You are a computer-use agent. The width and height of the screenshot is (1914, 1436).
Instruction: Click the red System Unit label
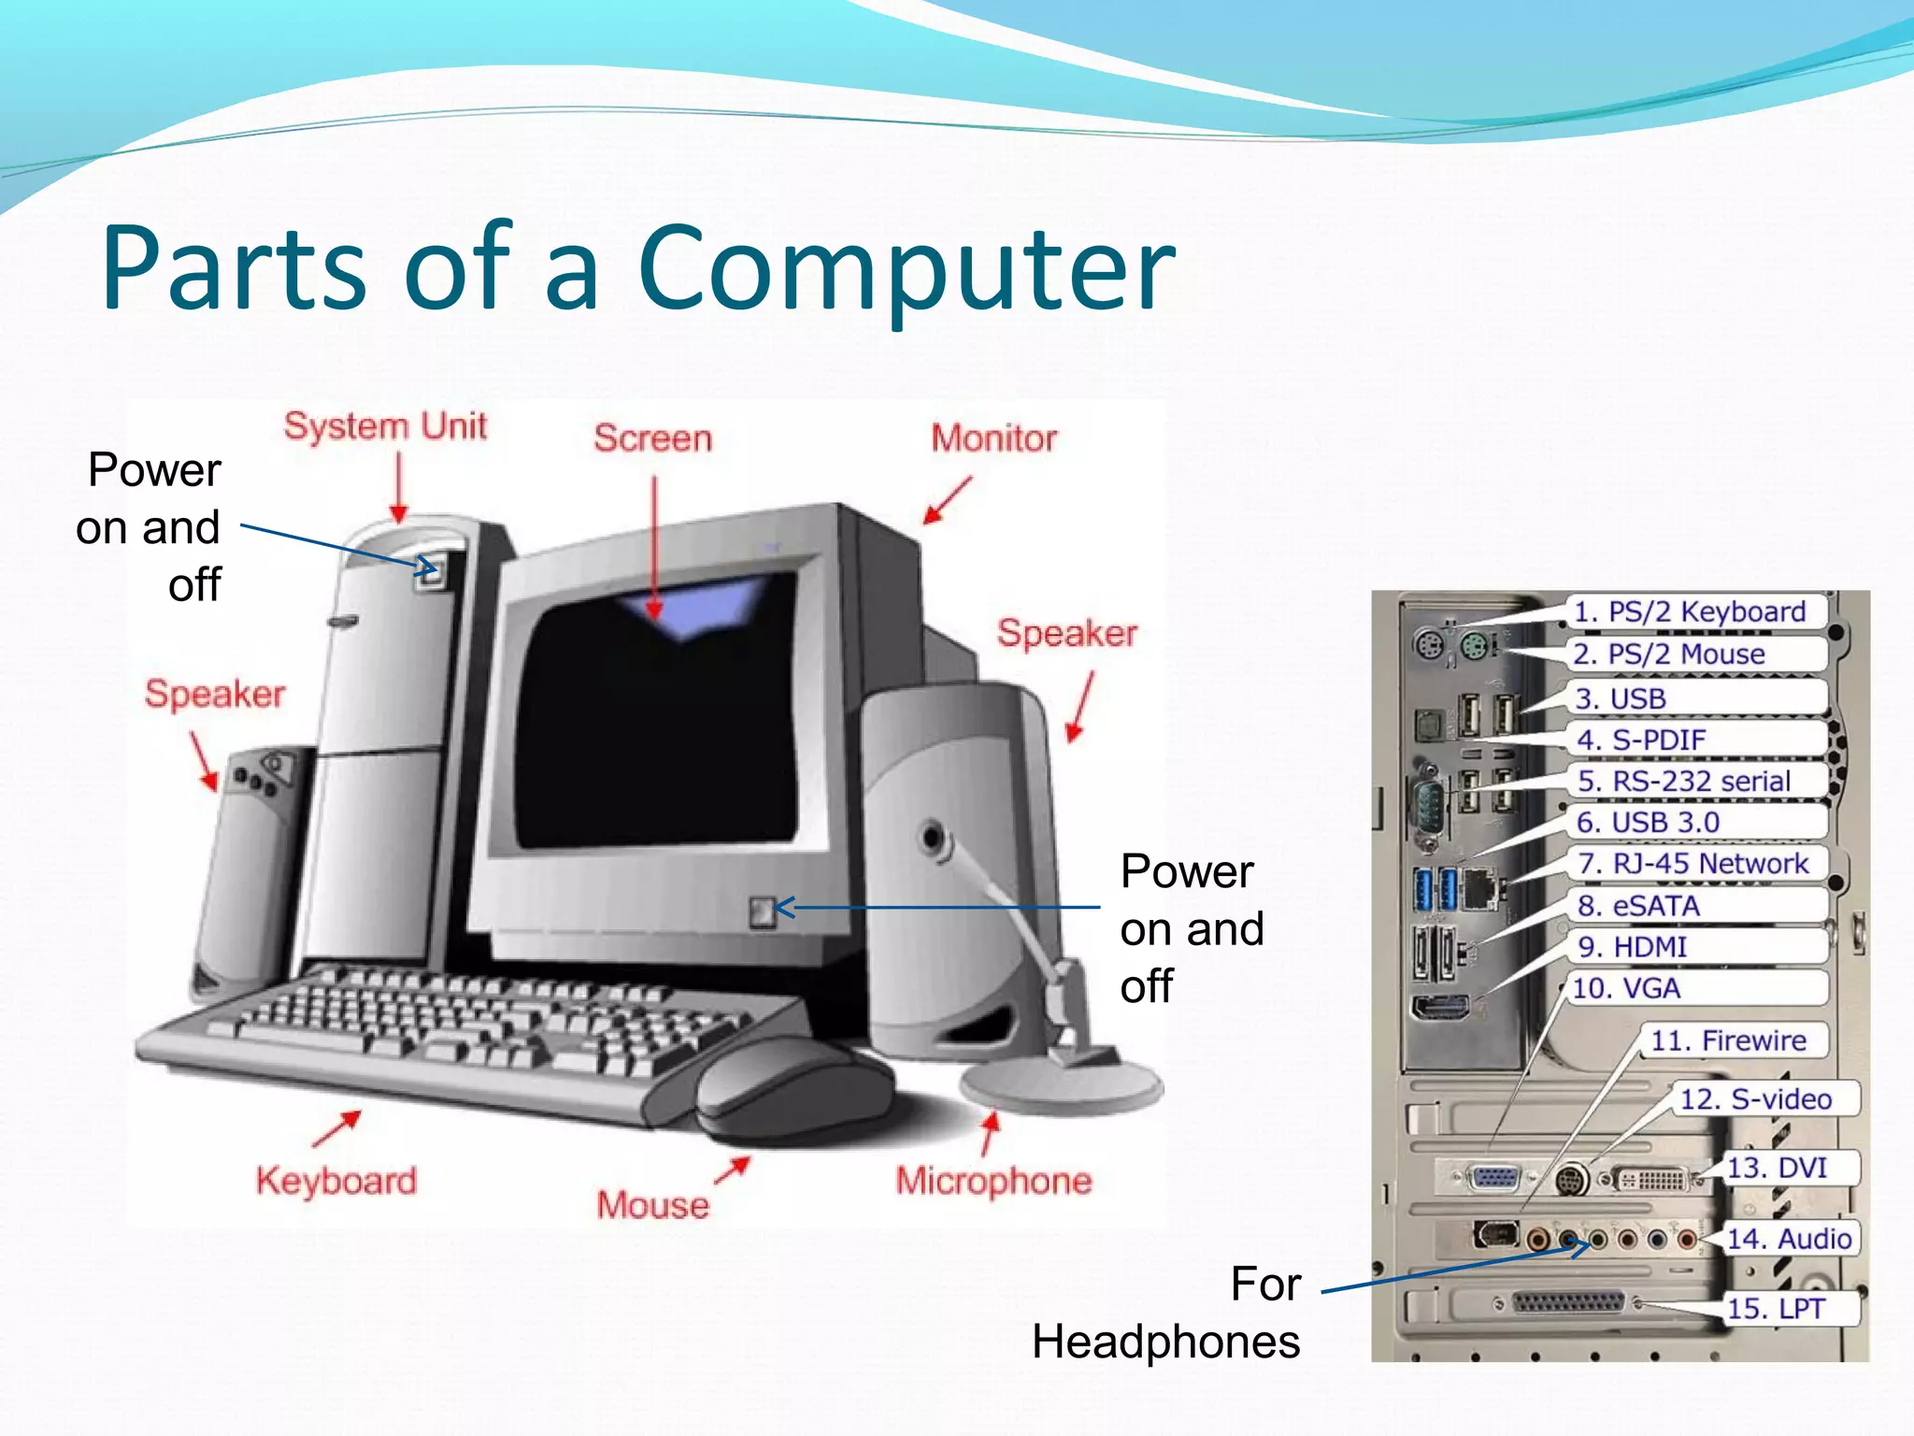click(385, 426)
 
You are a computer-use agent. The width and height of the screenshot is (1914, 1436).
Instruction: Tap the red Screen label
click(652, 438)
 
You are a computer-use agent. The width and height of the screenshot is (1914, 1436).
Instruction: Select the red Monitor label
click(993, 438)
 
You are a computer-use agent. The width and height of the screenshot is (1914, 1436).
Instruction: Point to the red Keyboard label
click(336, 1181)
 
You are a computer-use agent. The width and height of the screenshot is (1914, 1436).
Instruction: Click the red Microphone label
click(993, 1181)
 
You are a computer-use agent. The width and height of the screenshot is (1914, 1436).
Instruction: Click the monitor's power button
click(763, 911)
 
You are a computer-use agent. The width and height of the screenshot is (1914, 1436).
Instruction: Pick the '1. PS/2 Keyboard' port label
click(1690, 612)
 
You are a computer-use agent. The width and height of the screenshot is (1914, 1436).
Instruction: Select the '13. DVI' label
click(1776, 1168)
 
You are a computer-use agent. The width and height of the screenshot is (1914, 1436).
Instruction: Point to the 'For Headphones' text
click(1168, 1314)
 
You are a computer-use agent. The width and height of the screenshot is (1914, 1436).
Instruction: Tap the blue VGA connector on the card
click(1493, 1178)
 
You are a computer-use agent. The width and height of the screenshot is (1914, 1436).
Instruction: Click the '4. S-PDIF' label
click(1641, 740)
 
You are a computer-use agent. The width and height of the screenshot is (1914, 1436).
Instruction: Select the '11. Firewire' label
click(1728, 1041)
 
